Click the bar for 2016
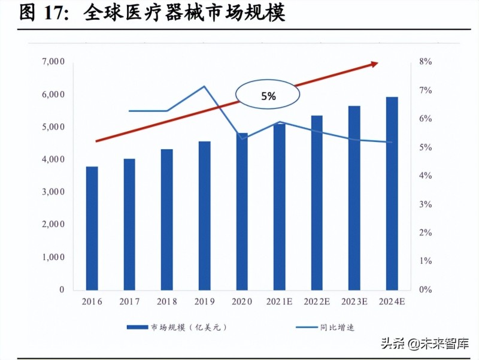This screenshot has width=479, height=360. (x=92, y=228)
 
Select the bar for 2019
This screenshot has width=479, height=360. (x=204, y=216)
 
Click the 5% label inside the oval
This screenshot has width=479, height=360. (x=268, y=96)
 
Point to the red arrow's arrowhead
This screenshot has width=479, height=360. (x=374, y=63)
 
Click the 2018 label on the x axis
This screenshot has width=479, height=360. (x=167, y=301)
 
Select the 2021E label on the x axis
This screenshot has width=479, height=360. (x=279, y=301)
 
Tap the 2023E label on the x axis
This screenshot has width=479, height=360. (x=354, y=301)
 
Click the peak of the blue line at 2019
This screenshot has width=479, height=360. (x=204, y=86)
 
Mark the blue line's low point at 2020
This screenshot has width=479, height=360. (x=242, y=139)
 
